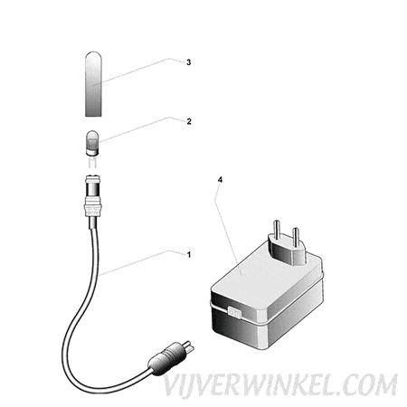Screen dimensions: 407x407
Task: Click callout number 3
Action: [188, 62]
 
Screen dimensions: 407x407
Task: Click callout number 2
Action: [189, 121]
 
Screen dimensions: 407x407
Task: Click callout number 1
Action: [189, 255]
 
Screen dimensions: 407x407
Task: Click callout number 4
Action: [220, 180]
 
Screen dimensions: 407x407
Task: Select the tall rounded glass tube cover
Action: [93, 84]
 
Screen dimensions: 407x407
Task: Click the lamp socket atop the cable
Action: [92, 186]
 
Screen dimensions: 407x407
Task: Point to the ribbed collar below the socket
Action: [92, 207]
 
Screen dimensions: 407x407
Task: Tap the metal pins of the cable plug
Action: [189, 346]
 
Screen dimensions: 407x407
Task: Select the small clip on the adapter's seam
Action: [234, 312]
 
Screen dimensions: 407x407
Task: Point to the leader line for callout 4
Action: [228, 222]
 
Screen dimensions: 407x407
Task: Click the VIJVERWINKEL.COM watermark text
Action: [280, 385]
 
